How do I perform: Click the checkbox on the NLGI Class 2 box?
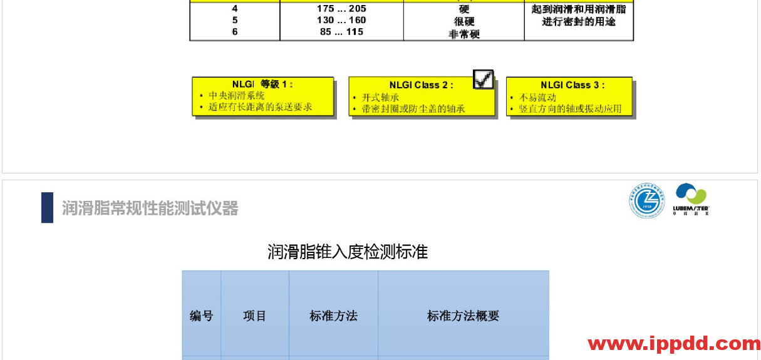pos(484,80)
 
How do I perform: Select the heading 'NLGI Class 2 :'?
pos(421,85)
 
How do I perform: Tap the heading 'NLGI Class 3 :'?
pos(573,85)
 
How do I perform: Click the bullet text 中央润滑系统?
pos(237,96)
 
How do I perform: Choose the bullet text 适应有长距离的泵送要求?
pos(261,107)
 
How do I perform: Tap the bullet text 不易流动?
pos(534,98)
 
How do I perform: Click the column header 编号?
pos(201,316)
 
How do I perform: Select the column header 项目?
pos(255,316)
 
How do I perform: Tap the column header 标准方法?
pos(333,316)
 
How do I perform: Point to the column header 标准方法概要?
pos(463,316)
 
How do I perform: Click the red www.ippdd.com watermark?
pos(674,344)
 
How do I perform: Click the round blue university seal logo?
pos(647,200)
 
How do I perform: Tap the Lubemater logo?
pos(692,199)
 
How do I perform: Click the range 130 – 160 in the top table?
pos(341,21)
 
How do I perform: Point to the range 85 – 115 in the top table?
pos(341,33)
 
